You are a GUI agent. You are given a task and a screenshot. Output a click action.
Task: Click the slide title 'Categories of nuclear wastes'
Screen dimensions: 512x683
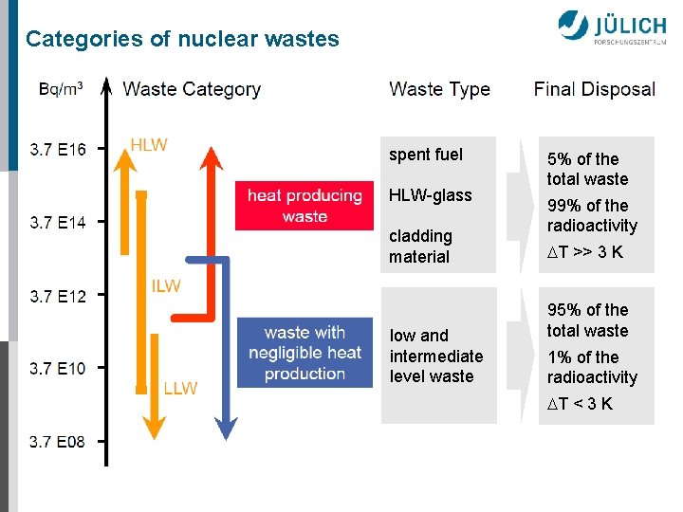pyautogui.click(x=182, y=40)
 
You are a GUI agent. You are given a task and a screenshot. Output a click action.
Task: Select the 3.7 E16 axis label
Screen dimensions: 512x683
pyautogui.click(x=58, y=149)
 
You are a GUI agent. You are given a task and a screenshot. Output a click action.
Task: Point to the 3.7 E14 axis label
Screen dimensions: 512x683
pyautogui.click(x=58, y=223)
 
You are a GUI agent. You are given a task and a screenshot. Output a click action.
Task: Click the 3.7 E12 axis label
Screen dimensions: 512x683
pyautogui.click(x=58, y=296)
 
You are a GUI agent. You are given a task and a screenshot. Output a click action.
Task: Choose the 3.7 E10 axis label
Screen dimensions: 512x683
pyautogui.click(x=58, y=368)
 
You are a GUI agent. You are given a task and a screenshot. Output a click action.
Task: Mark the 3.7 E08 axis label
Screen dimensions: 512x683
pyautogui.click(x=58, y=441)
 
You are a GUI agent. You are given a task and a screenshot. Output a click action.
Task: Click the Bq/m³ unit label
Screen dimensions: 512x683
pyautogui.click(x=61, y=89)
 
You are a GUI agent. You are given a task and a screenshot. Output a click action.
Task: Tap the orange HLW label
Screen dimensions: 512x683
pyautogui.click(x=149, y=145)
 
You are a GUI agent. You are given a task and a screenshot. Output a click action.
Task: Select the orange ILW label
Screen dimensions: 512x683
pyautogui.click(x=166, y=286)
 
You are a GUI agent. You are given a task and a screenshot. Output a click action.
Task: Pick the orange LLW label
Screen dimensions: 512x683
pyautogui.click(x=180, y=388)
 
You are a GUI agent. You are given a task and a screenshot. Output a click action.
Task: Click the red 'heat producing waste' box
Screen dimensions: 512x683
pyautogui.click(x=305, y=206)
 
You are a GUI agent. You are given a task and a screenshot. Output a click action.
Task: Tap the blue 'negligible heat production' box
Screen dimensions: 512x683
pyautogui.click(x=305, y=353)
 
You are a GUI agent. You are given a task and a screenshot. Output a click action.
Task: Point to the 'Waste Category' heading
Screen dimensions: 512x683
pyautogui.click(x=192, y=89)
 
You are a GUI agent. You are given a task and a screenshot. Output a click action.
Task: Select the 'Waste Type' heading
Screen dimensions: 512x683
pyautogui.click(x=439, y=89)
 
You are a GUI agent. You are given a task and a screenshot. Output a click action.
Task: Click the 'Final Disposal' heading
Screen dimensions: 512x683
pyautogui.click(x=594, y=89)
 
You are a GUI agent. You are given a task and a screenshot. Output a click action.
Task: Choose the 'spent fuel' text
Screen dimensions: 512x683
pyautogui.click(x=426, y=155)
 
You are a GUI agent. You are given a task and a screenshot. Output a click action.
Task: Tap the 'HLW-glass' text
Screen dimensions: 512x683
pyautogui.click(x=430, y=195)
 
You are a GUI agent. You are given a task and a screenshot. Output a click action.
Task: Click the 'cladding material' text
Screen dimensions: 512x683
pyautogui.click(x=420, y=246)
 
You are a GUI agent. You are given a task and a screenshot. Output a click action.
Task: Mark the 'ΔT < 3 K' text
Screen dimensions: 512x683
pyautogui.click(x=581, y=404)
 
